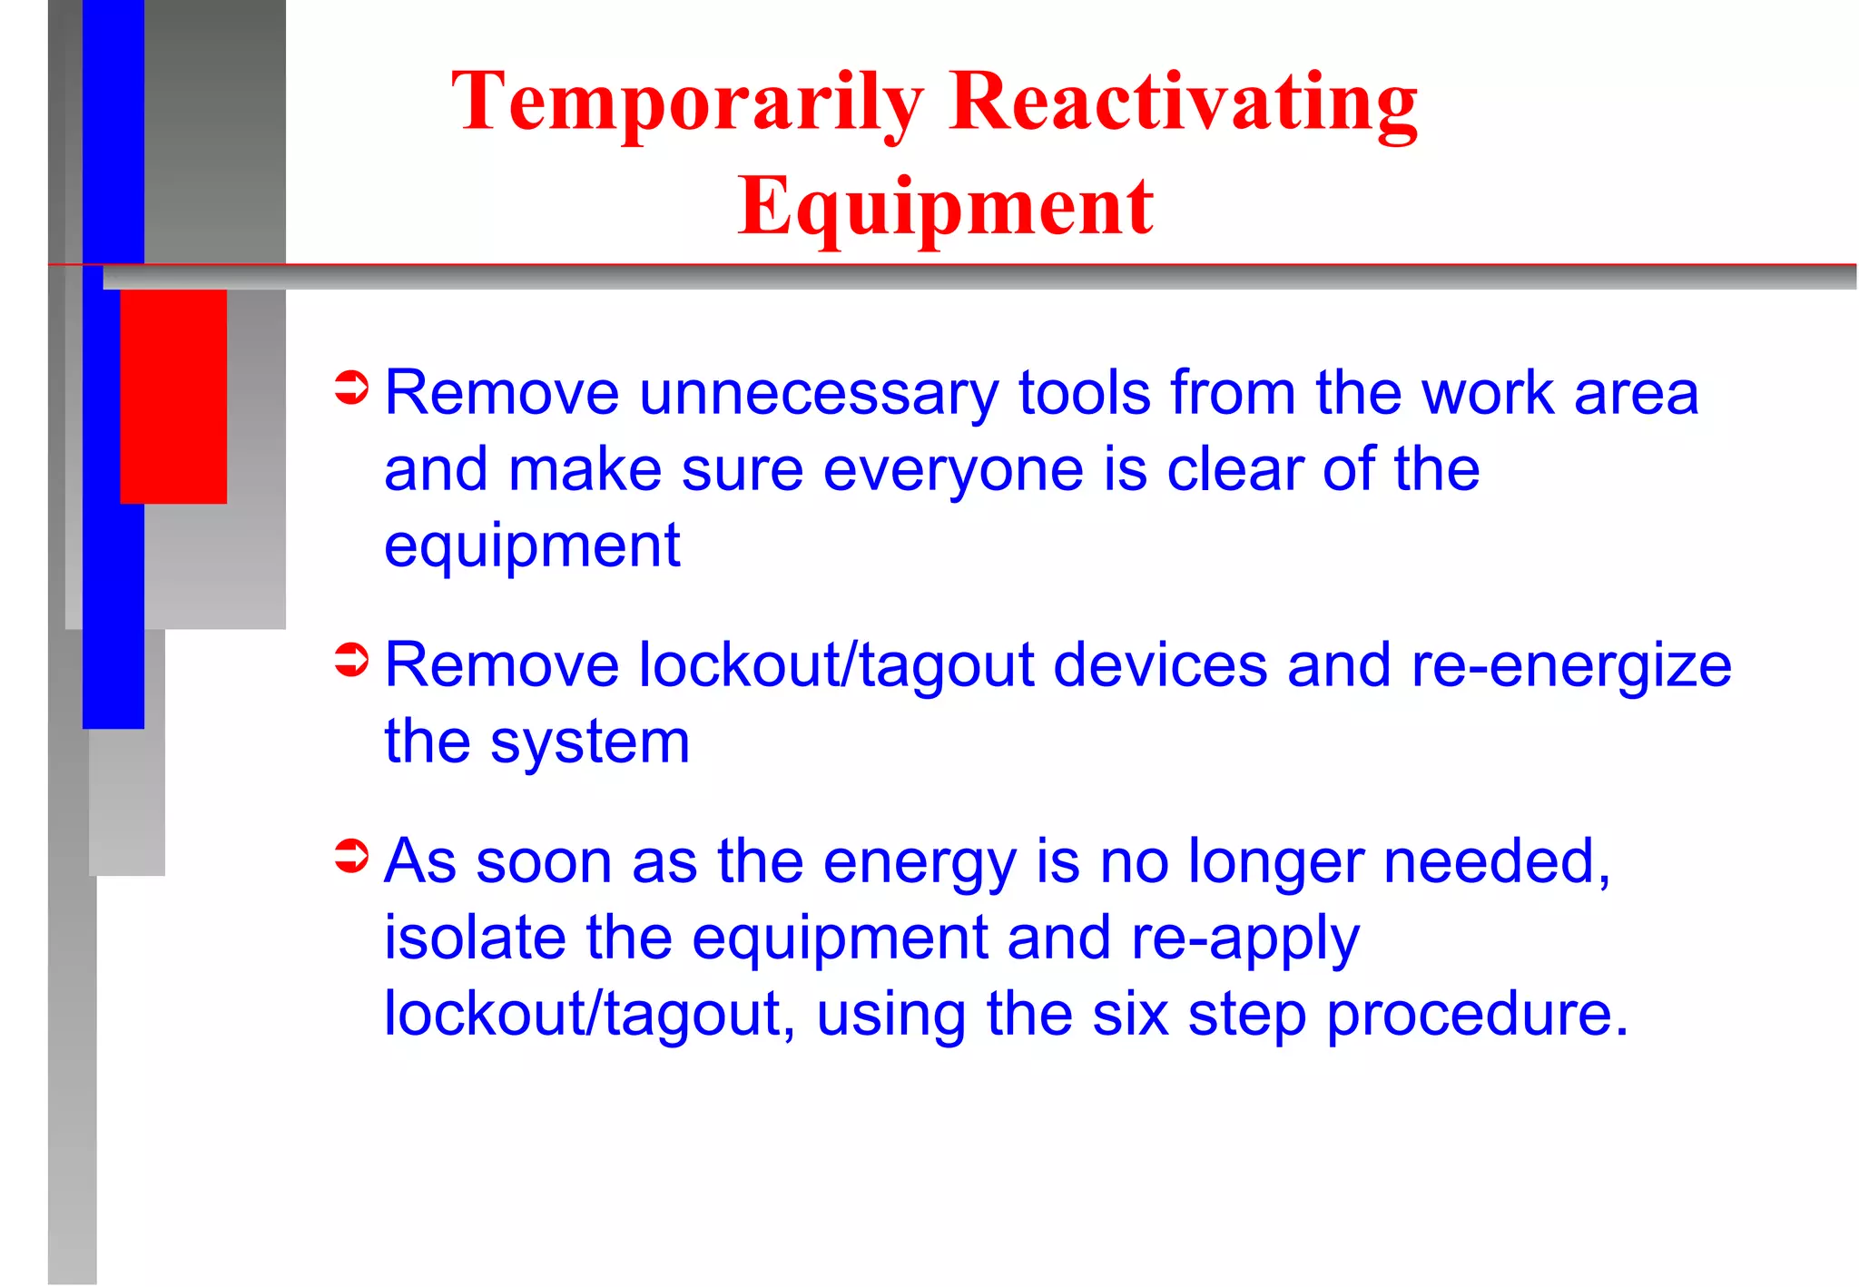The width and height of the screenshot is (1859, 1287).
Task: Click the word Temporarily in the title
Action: point(686,103)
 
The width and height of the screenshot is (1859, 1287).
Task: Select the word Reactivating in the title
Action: point(1183,103)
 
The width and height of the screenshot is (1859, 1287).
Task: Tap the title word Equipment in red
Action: point(945,207)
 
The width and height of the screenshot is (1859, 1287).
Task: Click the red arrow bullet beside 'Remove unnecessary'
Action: point(351,388)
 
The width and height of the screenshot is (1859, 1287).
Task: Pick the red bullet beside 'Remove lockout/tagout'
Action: point(351,660)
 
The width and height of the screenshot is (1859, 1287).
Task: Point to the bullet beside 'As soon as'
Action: point(351,855)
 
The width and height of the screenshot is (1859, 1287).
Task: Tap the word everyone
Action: point(953,471)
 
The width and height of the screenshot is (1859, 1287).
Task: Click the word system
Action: point(590,743)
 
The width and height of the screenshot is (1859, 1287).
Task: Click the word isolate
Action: point(474,938)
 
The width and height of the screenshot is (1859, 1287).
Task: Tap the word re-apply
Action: point(1244,939)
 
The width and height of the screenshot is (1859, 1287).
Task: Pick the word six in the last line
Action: point(1129,1014)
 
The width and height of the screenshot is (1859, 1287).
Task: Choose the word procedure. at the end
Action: point(1477,1016)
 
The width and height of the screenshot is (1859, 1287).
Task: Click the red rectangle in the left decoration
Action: point(173,396)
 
